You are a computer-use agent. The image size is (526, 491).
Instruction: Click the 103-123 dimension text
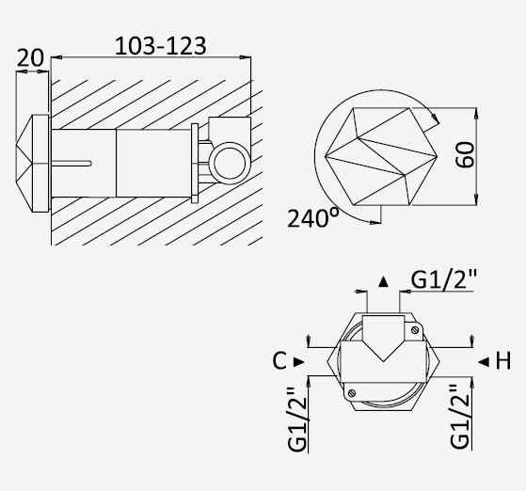160,46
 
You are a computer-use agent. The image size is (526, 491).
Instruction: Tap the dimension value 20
30,58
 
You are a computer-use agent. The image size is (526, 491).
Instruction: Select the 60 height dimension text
465,154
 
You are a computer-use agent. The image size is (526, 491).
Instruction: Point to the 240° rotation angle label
313,218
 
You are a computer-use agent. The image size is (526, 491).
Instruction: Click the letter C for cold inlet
279,361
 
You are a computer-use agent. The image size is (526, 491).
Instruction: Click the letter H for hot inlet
503,361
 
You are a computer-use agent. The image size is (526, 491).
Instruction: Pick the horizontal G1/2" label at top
443,279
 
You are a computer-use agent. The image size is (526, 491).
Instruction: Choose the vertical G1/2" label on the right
460,417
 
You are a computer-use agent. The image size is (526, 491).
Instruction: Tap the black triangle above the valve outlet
383,281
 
